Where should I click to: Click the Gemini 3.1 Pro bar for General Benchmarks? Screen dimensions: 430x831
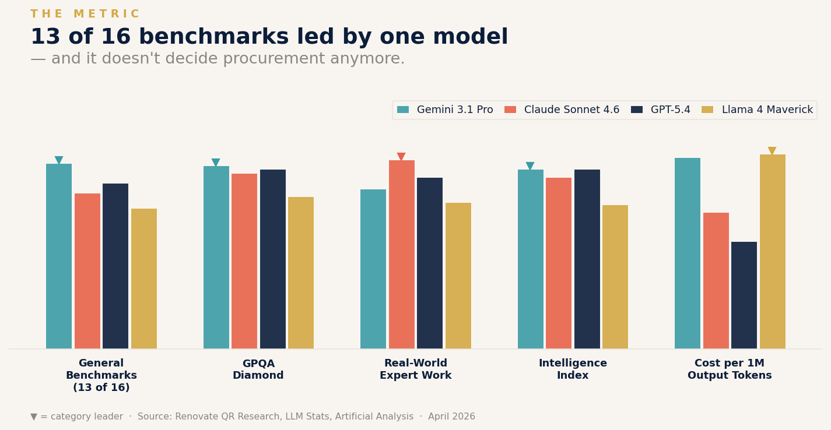tap(59, 256)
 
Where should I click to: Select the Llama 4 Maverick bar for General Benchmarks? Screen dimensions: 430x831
tap(144, 279)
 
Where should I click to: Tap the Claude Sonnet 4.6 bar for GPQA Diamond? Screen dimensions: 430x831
tap(244, 261)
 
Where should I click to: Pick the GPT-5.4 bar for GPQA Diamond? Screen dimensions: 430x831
tap(273, 259)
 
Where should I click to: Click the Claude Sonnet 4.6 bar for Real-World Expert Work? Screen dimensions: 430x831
tap(402, 255)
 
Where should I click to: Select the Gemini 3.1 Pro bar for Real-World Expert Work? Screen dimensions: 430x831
tap(373, 269)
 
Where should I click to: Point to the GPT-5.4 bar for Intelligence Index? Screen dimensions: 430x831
tap(587, 259)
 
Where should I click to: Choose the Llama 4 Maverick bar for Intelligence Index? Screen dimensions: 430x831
tap(615, 277)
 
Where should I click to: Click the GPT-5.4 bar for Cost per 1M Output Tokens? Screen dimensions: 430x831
tap(744, 295)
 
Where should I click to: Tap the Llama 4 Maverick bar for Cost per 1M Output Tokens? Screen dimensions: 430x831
tap(773, 252)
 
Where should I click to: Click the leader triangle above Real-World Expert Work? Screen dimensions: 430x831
tap(401, 156)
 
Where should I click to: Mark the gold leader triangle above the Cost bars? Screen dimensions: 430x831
tap(772, 150)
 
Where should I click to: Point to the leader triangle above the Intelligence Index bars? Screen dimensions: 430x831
tap(530, 165)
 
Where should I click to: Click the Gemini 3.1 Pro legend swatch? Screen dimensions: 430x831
tap(403, 110)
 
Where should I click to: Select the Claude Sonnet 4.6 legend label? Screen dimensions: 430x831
tap(571, 110)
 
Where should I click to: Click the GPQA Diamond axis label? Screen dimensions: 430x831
tap(258, 369)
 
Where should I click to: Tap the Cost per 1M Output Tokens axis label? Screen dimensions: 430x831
tap(730, 369)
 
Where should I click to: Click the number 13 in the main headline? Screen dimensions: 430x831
tap(45, 37)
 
